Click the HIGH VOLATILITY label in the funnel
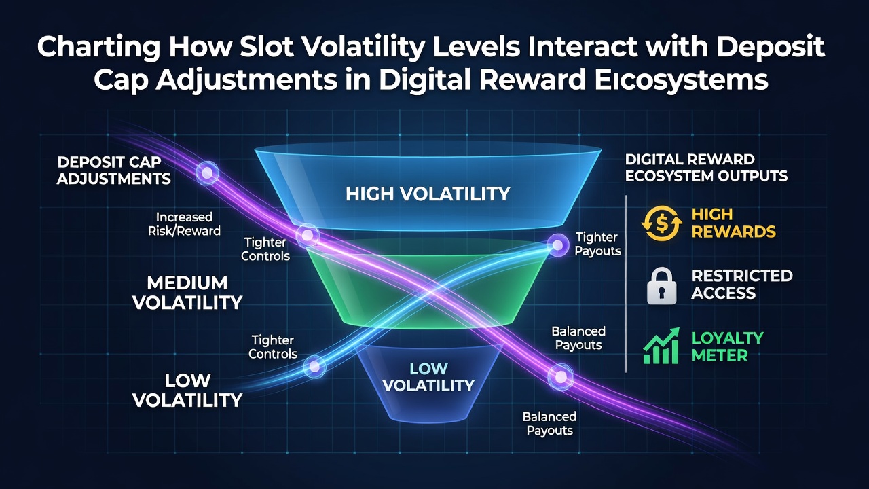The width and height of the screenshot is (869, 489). click(x=428, y=194)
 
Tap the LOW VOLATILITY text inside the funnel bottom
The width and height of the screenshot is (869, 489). click(x=428, y=377)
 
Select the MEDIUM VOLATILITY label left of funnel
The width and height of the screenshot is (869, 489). click(x=187, y=293)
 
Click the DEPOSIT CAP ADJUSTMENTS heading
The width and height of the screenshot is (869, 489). click(x=113, y=170)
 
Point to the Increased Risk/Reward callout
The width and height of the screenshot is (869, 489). click(x=184, y=224)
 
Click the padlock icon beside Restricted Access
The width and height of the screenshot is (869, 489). click(x=661, y=286)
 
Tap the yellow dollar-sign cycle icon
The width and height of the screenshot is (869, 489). click(x=662, y=223)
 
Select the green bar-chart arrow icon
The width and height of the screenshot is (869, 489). click(x=661, y=346)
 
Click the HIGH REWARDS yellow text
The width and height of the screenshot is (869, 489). click(x=734, y=223)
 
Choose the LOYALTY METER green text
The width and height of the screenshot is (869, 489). click(x=727, y=346)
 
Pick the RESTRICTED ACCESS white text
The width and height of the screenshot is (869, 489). click(x=742, y=285)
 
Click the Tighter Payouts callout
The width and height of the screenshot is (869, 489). click(x=597, y=244)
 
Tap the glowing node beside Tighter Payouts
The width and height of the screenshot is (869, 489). click(x=557, y=245)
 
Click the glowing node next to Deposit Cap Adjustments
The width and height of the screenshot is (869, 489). click(x=207, y=173)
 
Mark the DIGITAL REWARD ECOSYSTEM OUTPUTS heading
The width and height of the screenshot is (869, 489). click(x=706, y=168)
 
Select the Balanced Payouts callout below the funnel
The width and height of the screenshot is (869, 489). click(x=549, y=423)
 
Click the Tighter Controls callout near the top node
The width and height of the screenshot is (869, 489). click(x=265, y=249)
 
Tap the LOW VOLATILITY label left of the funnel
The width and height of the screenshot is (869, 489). click(x=187, y=390)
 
